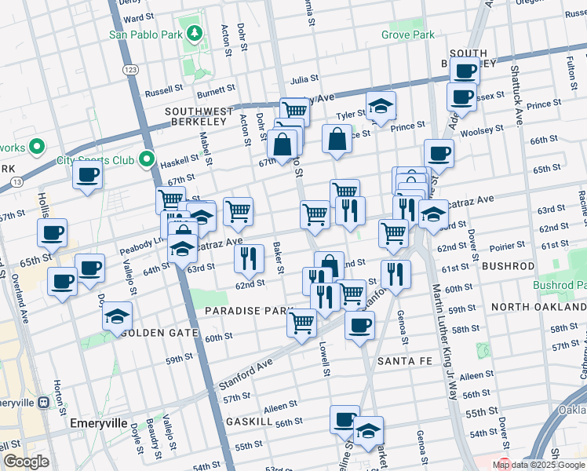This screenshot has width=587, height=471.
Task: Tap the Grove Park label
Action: (407, 35)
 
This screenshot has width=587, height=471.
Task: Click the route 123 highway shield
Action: (132, 70)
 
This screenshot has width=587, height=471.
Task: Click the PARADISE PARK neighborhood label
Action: (249, 311)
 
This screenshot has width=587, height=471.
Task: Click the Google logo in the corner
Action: (26, 462)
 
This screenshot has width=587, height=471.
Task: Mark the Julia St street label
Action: (304, 79)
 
